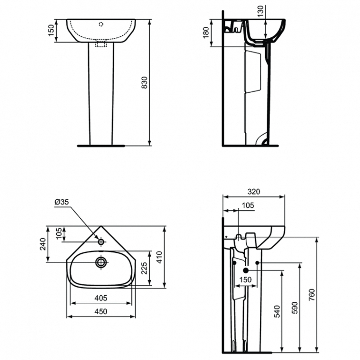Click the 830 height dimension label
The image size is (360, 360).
[144, 82]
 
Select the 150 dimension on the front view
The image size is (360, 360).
[51, 30]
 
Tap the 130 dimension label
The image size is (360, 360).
[260, 11]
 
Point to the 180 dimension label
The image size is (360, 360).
[206, 33]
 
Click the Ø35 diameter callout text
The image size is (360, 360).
[61, 202]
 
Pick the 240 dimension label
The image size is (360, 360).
[43, 244]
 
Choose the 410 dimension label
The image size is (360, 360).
[159, 257]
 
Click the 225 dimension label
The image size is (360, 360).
[144, 268]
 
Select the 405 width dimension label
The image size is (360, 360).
[101, 298]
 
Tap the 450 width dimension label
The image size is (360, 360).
[101, 311]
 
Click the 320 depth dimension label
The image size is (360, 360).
[254, 191]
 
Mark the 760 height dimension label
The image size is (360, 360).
[312, 295]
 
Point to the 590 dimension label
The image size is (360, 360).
[294, 308]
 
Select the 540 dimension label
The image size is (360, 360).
[277, 311]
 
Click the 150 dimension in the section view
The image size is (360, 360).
[246, 280]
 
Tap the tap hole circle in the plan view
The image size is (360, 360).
[101, 241]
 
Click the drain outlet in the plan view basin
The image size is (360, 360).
[101, 262]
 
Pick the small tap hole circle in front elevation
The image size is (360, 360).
[101, 24]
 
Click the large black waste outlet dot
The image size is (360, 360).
[246, 270]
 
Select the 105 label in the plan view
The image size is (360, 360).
[59, 233]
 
